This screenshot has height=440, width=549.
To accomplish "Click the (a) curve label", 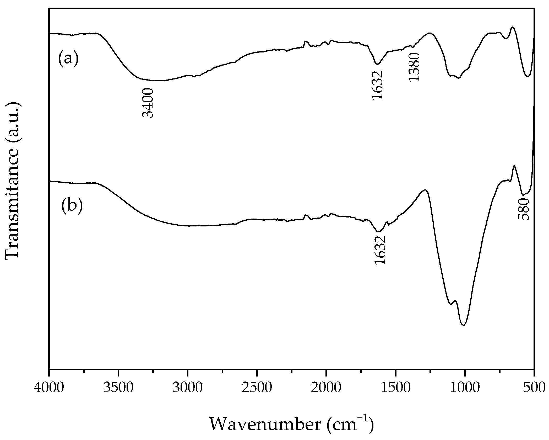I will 68,59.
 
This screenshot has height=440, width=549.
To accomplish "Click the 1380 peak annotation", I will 414,67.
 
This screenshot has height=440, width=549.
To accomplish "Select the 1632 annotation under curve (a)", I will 377,85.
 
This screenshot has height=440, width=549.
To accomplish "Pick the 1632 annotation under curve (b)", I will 380,250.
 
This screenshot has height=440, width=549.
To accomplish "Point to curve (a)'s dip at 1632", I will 377,64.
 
